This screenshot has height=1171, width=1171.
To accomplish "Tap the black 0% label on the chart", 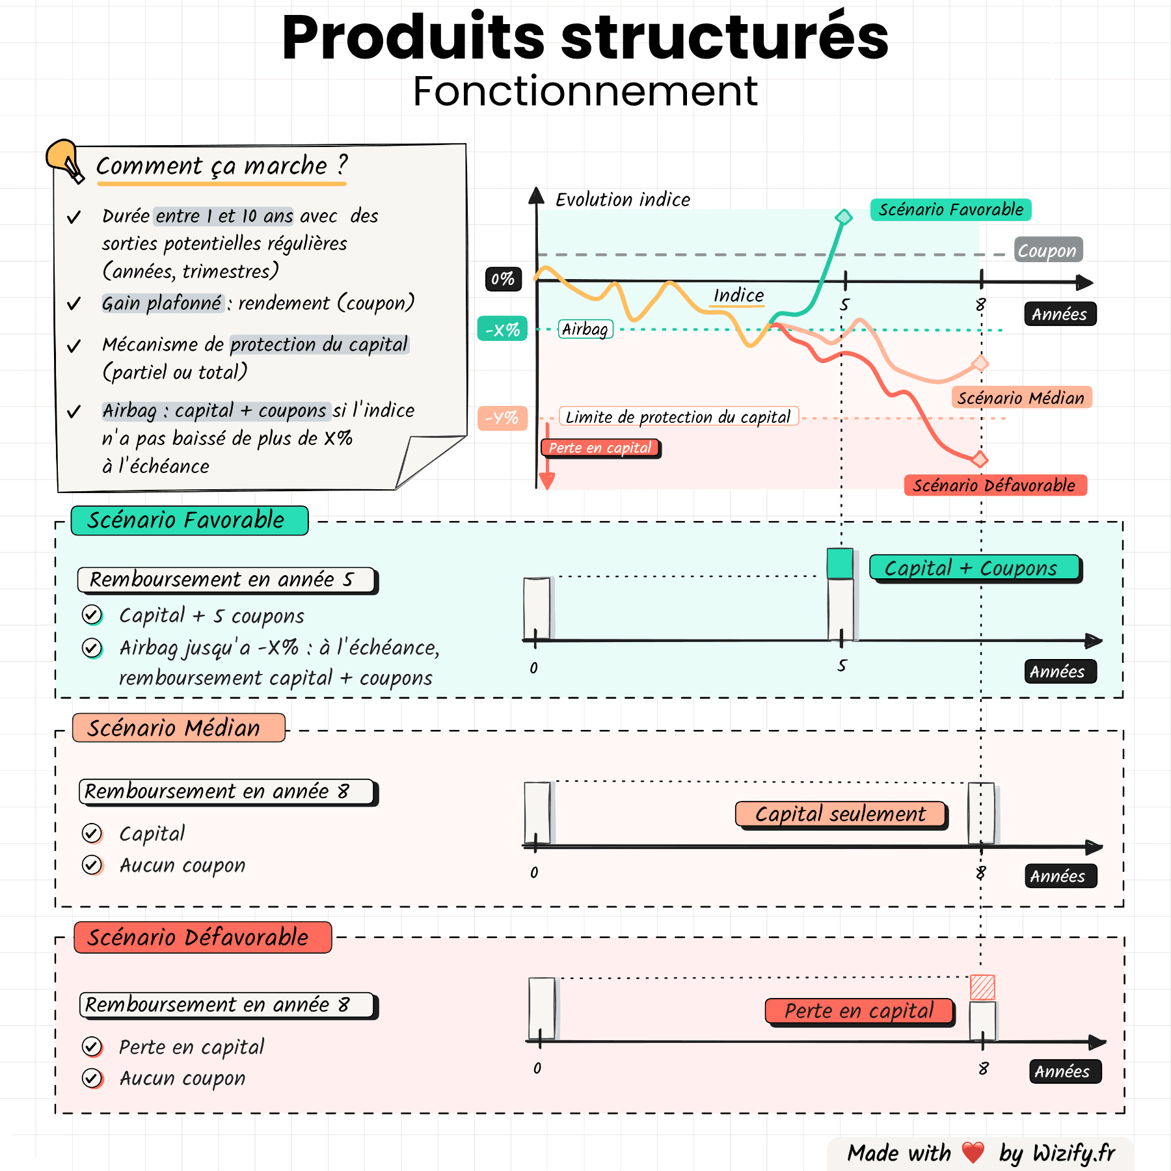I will pos(503,279).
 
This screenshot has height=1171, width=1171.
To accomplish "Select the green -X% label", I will pos(502,329).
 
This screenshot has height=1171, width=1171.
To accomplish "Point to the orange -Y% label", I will pos(502,418).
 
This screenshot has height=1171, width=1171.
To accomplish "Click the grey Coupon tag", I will pos(1047,250).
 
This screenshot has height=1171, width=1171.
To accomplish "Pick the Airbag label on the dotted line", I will pos(585,329).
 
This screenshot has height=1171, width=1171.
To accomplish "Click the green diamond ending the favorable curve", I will pos(843,217).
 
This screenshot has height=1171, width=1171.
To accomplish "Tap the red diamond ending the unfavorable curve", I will pos(979,459).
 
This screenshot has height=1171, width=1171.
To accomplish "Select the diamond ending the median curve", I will pos(980,363).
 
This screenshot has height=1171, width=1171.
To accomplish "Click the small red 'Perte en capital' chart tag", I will pos(600,448).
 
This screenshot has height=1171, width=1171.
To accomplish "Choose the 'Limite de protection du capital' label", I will pos(678,416).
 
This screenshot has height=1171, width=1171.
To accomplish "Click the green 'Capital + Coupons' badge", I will pos(974,568).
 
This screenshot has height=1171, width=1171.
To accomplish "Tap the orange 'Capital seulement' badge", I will pos(840,814).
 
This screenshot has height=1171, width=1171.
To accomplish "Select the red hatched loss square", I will pos(982,987).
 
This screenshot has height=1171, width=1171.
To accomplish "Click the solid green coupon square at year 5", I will pos(840,563).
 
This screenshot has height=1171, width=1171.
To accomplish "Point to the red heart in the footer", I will pos(973,1152).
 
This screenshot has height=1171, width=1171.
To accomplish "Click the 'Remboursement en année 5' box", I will pos(226,579).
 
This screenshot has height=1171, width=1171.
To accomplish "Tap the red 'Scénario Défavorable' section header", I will pos(202,937).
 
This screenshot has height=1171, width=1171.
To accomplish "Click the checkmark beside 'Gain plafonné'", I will pos(74,304).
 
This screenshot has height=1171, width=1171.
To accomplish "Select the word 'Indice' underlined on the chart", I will pos(738,295).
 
